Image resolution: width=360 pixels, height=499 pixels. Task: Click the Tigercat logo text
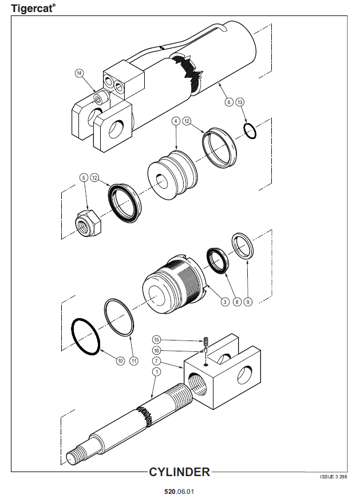coord(33,8)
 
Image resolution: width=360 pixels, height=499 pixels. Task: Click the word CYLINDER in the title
coord(180,472)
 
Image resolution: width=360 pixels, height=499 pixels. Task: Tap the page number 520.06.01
coord(179,492)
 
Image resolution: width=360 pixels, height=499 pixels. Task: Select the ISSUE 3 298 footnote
coord(333,477)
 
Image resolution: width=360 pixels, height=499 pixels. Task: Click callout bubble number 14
coord(79,73)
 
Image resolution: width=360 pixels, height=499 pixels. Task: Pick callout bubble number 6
coord(229,102)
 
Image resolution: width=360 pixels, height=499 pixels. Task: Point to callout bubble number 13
coord(240,102)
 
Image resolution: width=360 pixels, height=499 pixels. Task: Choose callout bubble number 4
coord(176,121)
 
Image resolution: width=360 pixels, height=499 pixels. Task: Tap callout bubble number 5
coord(84,177)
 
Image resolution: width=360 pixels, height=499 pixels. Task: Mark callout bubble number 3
coord(225,302)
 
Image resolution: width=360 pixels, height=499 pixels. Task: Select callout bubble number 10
coord(120,361)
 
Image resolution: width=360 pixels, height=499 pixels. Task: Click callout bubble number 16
coord(156,351)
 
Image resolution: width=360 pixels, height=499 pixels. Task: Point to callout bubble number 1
coord(156,372)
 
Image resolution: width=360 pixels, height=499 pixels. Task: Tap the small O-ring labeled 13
coord(250,131)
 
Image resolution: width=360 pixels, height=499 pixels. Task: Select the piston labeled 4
coord(173,175)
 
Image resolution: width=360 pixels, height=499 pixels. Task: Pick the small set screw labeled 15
coord(205,342)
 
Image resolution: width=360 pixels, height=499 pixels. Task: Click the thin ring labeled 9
coord(243,245)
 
